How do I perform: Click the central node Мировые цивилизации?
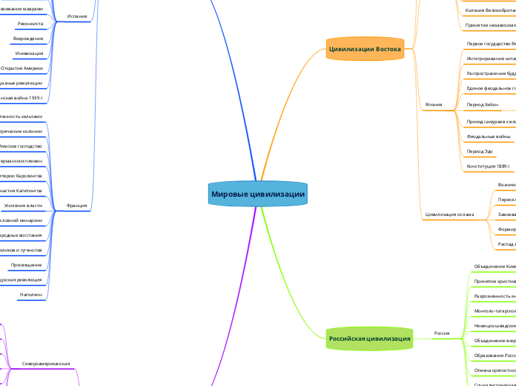tap(258, 194)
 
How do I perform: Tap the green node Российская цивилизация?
tap(368, 338)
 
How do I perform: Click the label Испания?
tap(76, 15)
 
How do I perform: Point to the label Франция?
tap(76, 205)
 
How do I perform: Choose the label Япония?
tap(434, 105)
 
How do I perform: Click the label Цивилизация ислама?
tap(449, 215)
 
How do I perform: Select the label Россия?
tap(442, 333)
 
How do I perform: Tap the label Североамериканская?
tap(46, 364)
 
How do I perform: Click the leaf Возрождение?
tap(28, 38)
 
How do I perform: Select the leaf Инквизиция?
tap(29, 53)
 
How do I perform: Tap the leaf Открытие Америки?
tap(22, 68)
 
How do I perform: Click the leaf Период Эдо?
tap(480, 151)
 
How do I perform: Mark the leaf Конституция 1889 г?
tap(489, 166)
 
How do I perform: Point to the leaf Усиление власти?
tap(28, 205)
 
